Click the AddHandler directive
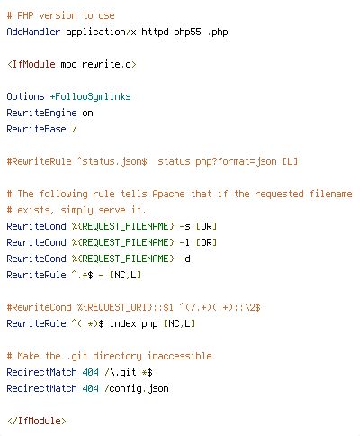click(33, 32)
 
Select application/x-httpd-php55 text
click(133, 32)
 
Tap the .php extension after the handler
click(218, 32)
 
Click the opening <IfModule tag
click(31, 64)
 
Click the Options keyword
click(25, 96)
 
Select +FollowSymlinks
click(90, 96)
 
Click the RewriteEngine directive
click(41, 113)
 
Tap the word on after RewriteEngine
click(87, 114)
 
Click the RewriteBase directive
click(36, 129)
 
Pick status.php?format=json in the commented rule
click(217, 161)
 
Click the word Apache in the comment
click(168, 194)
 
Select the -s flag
click(184, 227)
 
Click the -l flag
click(184, 242)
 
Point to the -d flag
click(184, 259)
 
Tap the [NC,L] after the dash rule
click(125, 275)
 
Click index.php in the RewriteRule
click(133, 324)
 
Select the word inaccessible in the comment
click(180, 356)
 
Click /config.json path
click(137, 389)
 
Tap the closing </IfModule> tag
click(37, 421)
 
